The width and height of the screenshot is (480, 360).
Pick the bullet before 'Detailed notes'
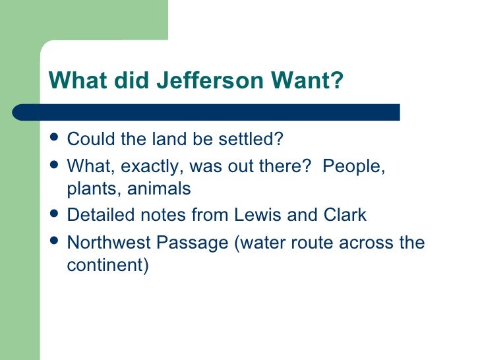click(55, 214)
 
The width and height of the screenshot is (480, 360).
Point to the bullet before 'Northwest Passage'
click(55, 242)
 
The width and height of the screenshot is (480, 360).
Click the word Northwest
click(108, 243)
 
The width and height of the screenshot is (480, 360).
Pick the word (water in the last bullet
click(260, 243)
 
